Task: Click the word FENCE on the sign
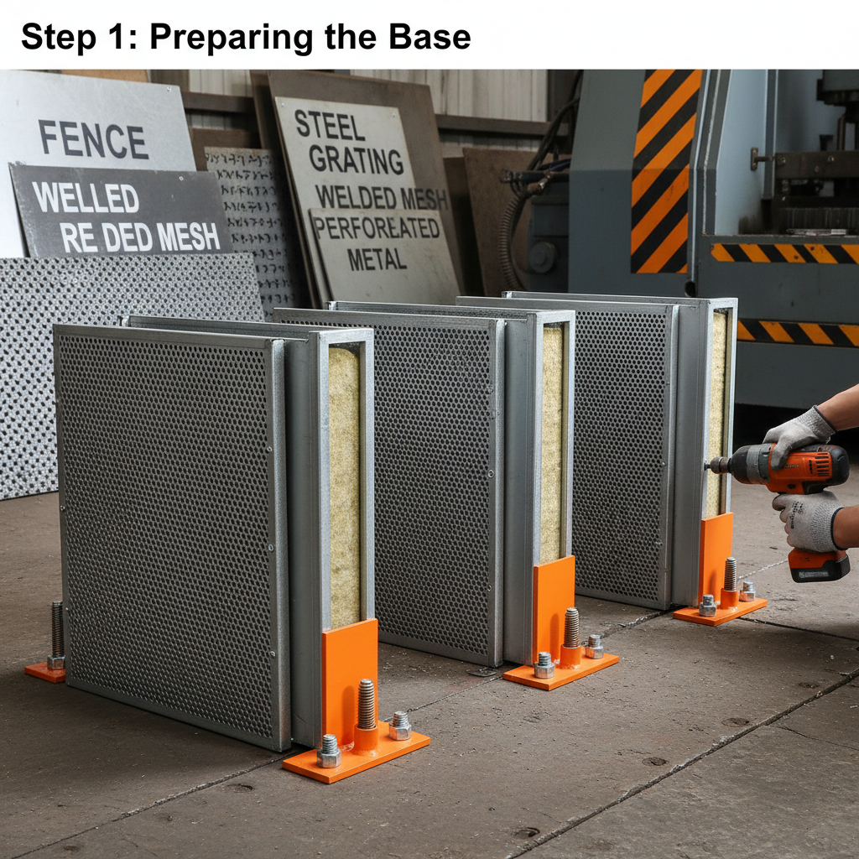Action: [x=93, y=140]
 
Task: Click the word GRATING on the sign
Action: [x=356, y=159]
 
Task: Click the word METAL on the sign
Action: [x=377, y=259]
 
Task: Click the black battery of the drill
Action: [x=818, y=565]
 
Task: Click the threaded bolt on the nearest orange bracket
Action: [x=366, y=706]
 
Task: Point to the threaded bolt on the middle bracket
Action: [x=571, y=629]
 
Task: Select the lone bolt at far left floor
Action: [x=56, y=631]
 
